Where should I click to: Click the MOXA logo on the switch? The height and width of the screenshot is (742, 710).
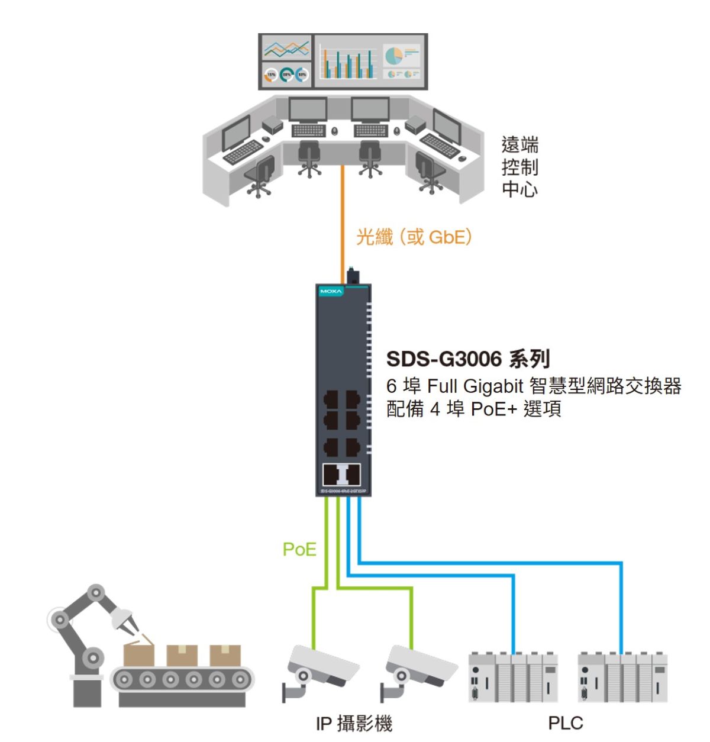click(x=331, y=292)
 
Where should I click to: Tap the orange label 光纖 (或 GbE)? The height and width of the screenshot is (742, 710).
click(x=414, y=237)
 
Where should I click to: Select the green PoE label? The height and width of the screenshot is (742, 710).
click(x=299, y=549)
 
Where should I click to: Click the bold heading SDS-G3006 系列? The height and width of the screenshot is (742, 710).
click(x=467, y=359)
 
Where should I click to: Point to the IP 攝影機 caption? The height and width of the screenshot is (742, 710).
click(x=353, y=723)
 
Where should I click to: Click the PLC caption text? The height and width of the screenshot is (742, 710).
click(x=565, y=723)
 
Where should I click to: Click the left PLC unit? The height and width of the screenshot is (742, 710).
click(x=512, y=677)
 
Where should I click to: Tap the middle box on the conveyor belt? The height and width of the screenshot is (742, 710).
click(x=182, y=655)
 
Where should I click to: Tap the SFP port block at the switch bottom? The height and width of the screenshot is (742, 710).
click(x=341, y=475)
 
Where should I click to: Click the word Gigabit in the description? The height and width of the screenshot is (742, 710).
click(x=493, y=386)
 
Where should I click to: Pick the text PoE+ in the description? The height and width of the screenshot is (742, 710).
click(x=493, y=409)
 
